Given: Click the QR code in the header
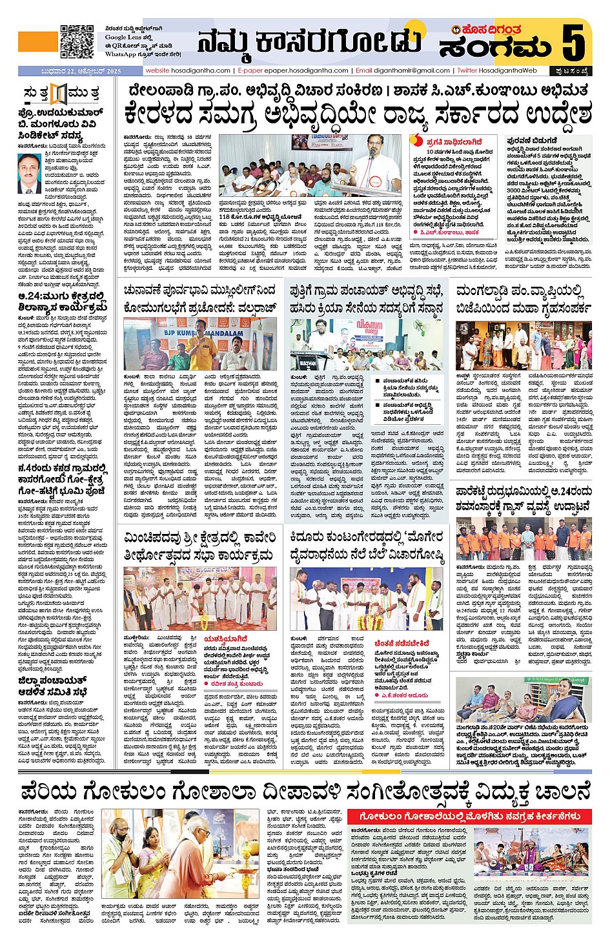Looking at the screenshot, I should [x=77, y=41].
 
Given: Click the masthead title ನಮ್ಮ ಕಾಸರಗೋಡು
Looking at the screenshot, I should [x=309, y=41].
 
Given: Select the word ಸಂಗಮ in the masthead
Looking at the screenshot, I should [x=494, y=48].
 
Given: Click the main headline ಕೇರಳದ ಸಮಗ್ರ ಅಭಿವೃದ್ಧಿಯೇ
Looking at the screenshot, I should [x=358, y=116].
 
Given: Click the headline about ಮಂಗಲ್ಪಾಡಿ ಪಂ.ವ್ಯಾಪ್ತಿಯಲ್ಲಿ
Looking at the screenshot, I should [x=522, y=300].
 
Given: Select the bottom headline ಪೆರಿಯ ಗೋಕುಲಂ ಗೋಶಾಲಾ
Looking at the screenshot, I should [x=305, y=792].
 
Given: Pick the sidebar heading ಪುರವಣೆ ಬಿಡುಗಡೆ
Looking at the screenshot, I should [x=532, y=139].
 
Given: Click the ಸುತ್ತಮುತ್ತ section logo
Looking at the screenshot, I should [x=61, y=93].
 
